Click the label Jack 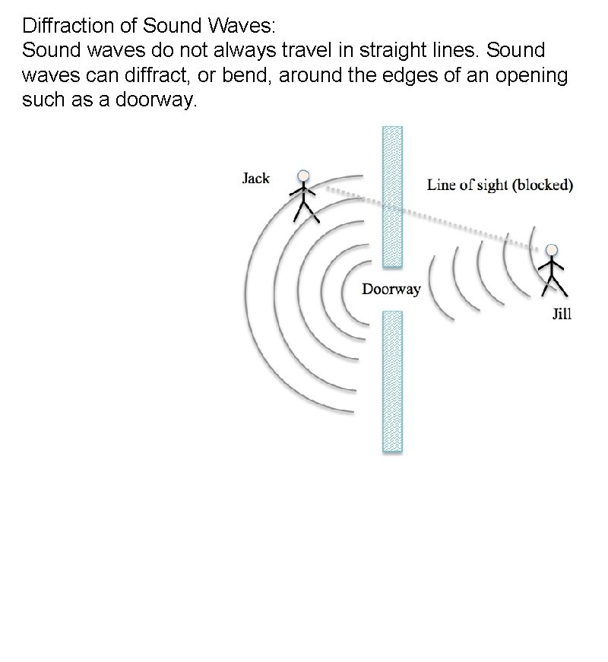click(255, 179)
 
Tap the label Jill click(561, 315)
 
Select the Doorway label click(391, 290)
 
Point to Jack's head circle click(304, 176)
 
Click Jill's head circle click(552, 249)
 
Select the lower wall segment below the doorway click(392, 381)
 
